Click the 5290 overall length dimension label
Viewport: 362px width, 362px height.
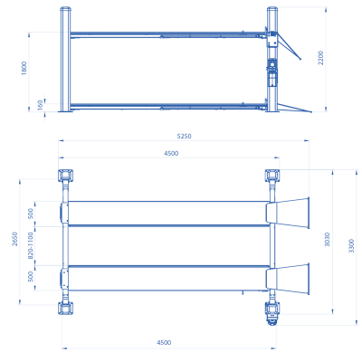coord(185,136)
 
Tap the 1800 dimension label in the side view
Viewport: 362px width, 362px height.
coord(24,68)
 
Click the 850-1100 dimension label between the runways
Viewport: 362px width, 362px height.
coord(32,244)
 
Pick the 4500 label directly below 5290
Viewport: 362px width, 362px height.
coord(171,153)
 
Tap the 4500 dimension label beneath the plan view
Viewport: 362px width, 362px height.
coord(164,342)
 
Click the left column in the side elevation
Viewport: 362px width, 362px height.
coord(64,59)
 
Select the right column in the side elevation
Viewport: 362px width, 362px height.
coord(271,59)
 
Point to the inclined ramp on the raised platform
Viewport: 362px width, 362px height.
coord(291,45)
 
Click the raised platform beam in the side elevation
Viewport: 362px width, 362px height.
coord(167,35)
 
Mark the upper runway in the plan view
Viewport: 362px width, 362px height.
coord(167,212)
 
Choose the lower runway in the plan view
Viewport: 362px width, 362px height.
coord(167,277)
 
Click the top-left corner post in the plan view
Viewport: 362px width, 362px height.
coord(65,175)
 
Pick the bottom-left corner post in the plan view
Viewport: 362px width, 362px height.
coord(65,308)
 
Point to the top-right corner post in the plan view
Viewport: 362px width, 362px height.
coord(271,175)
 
